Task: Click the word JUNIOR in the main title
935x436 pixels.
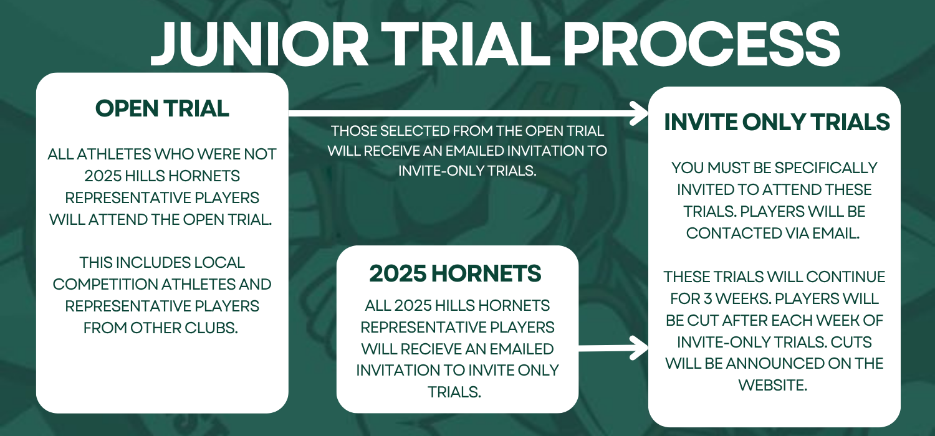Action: (259, 44)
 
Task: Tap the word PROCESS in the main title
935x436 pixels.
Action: (702, 44)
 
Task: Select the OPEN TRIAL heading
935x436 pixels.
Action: (162, 108)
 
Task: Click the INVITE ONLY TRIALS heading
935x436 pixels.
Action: (777, 122)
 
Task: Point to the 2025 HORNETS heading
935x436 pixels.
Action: (455, 273)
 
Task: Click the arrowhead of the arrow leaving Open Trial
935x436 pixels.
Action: (639, 113)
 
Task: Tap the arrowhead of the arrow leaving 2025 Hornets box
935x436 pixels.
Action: (639, 348)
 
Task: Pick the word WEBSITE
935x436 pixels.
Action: (773, 385)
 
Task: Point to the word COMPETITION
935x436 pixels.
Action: (104, 284)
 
